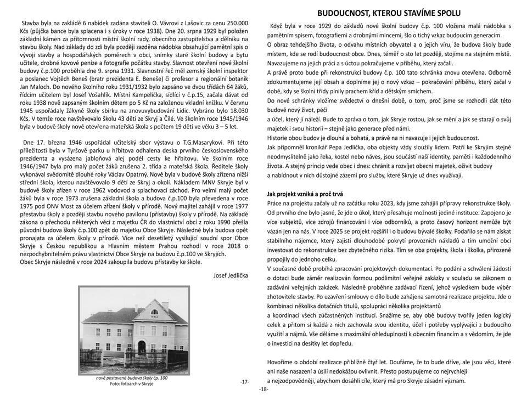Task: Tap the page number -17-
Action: (x=245, y=381)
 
